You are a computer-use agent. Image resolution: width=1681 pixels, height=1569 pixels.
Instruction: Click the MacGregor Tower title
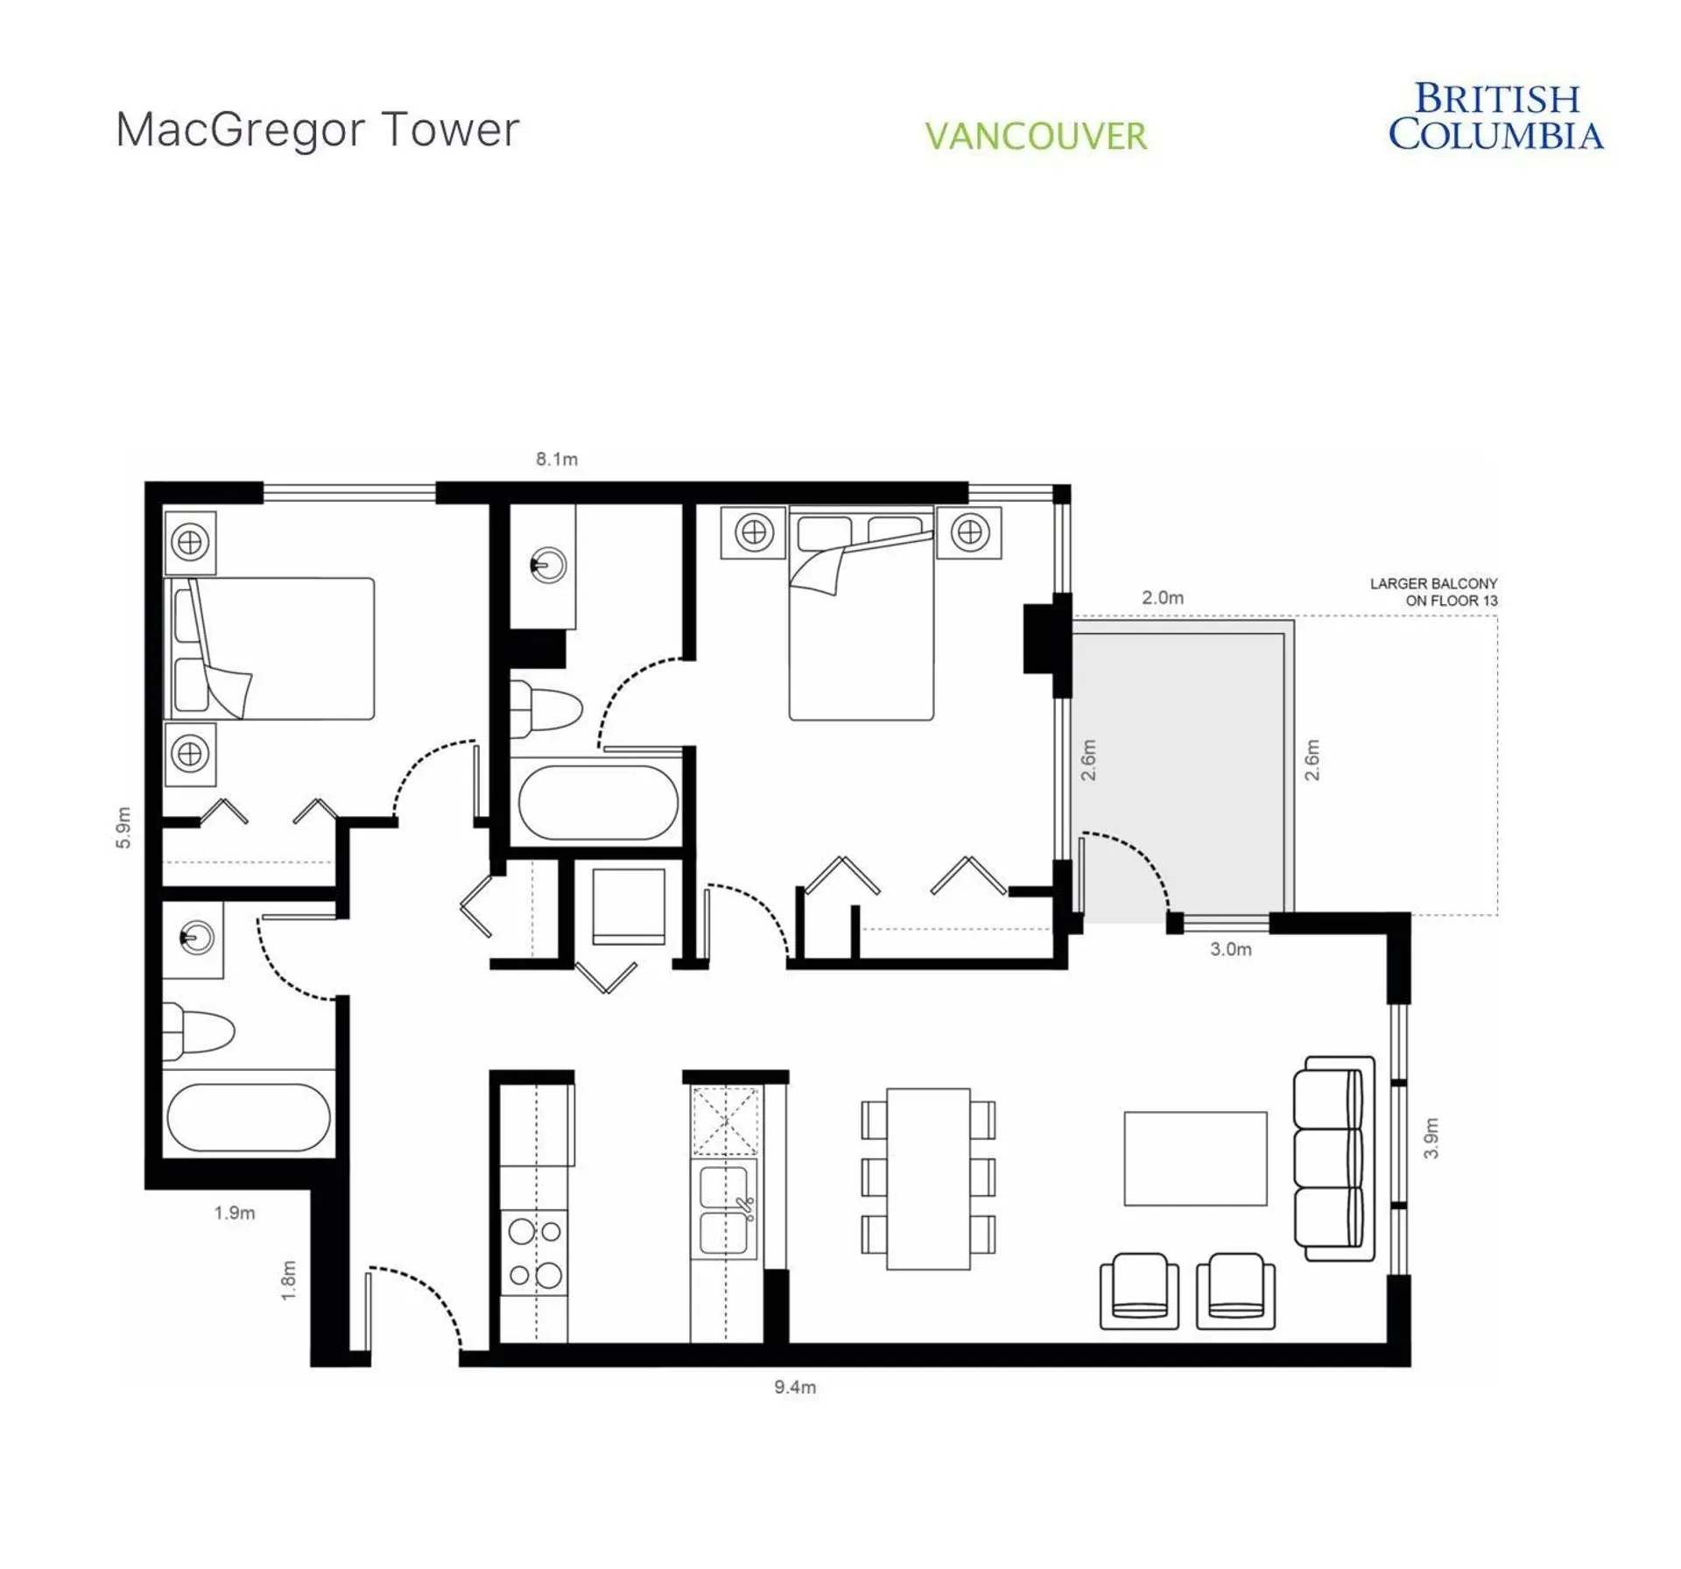318,130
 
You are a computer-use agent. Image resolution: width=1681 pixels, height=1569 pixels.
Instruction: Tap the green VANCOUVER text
1036,137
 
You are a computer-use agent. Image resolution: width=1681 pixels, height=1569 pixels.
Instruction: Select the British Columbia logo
1495,117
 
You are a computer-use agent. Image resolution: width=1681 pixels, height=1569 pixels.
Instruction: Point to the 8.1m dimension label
557,459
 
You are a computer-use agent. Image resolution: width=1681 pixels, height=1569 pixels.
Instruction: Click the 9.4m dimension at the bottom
795,1387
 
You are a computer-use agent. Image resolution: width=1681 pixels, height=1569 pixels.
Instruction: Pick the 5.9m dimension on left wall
123,827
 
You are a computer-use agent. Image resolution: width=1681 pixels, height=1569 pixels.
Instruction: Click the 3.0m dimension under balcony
1230,949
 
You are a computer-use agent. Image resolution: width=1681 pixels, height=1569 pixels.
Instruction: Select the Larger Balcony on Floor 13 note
1433,592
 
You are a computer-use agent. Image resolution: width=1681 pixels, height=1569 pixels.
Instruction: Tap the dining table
928,1179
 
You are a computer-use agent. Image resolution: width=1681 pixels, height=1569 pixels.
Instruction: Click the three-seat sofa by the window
1333,1157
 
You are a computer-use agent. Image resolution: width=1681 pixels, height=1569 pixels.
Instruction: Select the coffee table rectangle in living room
1195,1158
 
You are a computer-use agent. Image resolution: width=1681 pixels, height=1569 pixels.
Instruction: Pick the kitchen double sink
725,1209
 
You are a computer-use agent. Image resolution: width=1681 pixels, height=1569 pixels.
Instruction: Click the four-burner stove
534,1253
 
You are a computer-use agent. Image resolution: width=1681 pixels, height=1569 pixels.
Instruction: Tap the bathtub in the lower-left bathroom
249,1117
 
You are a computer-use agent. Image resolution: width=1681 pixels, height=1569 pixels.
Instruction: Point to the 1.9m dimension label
235,1213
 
